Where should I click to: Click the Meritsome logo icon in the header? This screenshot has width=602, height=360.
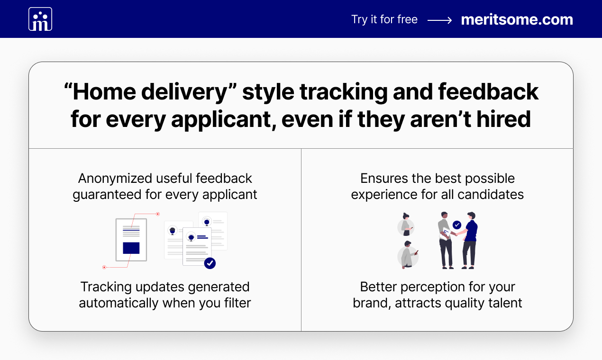coord(40,19)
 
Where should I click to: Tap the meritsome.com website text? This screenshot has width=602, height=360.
coord(517,19)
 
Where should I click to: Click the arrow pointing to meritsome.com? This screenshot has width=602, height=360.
coord(440,20)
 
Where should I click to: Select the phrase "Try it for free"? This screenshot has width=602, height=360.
coord(384,19)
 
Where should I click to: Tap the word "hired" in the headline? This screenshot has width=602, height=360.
coord(503,119)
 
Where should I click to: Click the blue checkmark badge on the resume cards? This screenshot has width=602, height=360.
coord(210,263)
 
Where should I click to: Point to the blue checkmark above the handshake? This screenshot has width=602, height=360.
coord(457,225)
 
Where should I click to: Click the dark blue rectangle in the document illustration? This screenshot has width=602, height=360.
coord(131,248)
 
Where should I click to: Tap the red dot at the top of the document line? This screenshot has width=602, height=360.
coord(158,214)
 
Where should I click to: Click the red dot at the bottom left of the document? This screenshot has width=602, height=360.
coord(104,267)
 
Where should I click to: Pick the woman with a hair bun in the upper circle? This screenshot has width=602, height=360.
coord(406,225)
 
